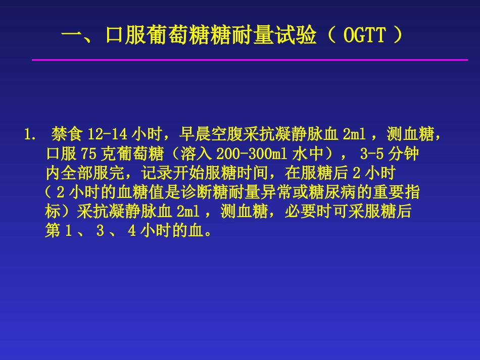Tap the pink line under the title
[x=250, y=60]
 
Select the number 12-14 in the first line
[x=108, y=135]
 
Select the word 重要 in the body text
[x=390, y=192]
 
